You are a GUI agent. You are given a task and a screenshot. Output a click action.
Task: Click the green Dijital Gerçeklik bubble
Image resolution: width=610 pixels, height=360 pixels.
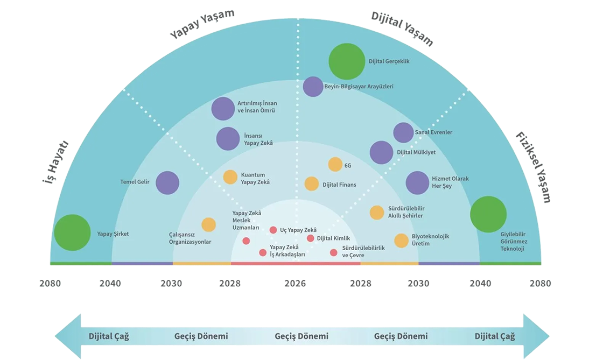coord(347,61)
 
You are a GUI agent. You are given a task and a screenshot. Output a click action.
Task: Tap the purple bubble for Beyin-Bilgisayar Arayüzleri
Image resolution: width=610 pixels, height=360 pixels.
coord(313,86)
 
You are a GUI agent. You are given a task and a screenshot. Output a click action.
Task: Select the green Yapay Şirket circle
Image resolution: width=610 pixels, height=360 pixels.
coord(72,232)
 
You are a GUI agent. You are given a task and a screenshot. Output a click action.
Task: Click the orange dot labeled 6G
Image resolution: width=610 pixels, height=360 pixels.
coord(335,165)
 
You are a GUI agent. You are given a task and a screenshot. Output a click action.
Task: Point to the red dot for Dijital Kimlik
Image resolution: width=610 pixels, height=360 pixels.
coord(311,238)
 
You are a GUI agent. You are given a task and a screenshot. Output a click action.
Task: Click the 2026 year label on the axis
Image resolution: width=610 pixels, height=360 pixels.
coord(295,283)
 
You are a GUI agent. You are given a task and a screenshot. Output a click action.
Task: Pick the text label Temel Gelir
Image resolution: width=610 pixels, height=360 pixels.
coord(135,182)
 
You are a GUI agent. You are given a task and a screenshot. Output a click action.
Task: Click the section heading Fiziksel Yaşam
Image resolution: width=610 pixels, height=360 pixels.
coord(533,167)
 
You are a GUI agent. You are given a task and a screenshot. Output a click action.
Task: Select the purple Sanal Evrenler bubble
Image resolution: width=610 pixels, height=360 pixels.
coord(403,132)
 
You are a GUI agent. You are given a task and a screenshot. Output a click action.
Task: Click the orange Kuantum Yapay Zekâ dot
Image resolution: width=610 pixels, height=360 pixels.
coord(230,177)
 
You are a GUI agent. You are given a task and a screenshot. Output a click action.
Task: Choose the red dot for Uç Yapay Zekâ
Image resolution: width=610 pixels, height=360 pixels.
coord(273,230)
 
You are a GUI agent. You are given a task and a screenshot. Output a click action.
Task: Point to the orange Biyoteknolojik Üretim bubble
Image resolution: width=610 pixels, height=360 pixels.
coord(401,241)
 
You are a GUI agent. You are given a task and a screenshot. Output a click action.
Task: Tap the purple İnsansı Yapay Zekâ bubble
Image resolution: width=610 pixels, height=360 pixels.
coord(228,139)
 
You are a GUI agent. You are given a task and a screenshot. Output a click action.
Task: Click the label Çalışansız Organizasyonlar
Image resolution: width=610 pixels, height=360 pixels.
coord(190,238)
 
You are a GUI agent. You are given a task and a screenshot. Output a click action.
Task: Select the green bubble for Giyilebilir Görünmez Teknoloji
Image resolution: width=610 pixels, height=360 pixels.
coord(488,214)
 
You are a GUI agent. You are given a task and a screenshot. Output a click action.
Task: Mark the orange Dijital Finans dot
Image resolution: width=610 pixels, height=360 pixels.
coord(312,184)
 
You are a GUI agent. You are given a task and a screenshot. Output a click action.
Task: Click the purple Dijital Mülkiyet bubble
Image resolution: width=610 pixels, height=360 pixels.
coord(382,152)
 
